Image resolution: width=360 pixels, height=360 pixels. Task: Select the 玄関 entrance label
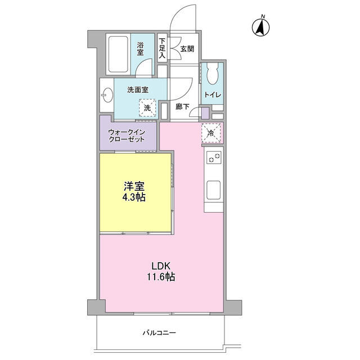(187, 49)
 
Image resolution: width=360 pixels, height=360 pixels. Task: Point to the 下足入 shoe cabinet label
(162, 48)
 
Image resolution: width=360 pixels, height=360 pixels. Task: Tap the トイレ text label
(213, 94)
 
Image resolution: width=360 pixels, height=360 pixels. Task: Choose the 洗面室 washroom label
(137, 89)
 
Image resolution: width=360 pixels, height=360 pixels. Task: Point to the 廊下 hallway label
(181, 106)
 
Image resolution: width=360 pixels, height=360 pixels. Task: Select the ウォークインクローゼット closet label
(127, 136)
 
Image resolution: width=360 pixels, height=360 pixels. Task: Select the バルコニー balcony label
(158, 333)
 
